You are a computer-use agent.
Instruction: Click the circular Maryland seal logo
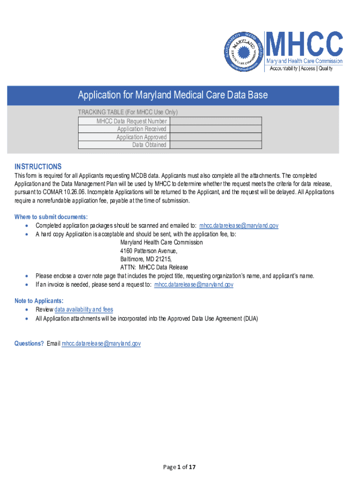242,51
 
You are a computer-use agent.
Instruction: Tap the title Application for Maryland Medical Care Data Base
173,95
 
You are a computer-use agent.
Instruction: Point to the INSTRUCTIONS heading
38,167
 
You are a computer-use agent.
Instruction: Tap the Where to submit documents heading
51,217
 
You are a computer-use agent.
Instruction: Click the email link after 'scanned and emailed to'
238,225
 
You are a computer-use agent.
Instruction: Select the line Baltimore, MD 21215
146,259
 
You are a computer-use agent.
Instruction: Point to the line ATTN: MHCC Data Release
154,268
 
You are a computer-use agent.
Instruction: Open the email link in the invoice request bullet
194,284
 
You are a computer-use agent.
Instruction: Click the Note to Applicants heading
39,301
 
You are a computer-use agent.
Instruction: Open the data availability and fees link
84,310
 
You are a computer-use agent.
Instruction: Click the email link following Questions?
101,343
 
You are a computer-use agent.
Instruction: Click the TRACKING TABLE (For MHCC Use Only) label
128,112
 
